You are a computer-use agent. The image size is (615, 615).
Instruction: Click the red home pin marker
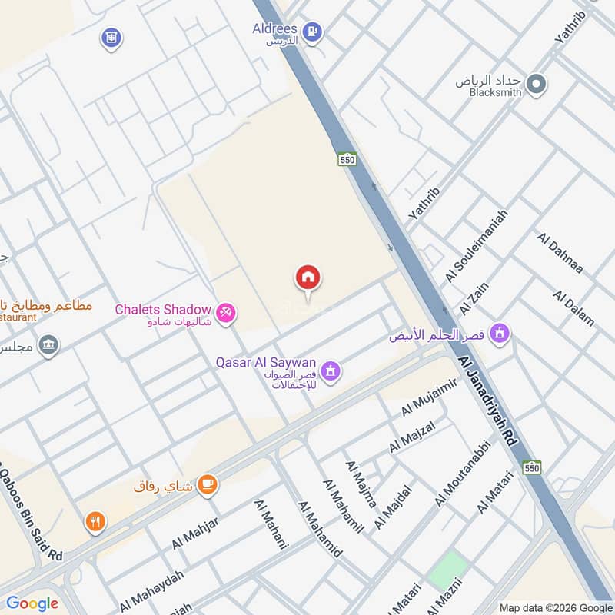click(308, 279)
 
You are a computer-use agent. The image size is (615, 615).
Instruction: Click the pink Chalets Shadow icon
click(226, 312)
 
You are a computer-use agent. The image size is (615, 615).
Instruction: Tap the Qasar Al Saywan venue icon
click(331, 371)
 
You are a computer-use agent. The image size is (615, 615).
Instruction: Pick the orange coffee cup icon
click(207, 484)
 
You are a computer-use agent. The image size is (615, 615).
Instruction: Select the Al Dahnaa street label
click(560, 254)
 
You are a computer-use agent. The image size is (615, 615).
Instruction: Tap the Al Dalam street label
click(573, 308)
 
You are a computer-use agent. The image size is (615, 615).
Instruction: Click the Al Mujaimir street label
click(429, 397)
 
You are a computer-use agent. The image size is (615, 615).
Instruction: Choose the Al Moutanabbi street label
click(462, 473)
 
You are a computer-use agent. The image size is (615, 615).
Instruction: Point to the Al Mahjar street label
click(195, 533)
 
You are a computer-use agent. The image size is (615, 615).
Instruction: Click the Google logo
click(32, 603)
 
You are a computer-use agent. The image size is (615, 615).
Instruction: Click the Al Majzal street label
click(412, 437)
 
